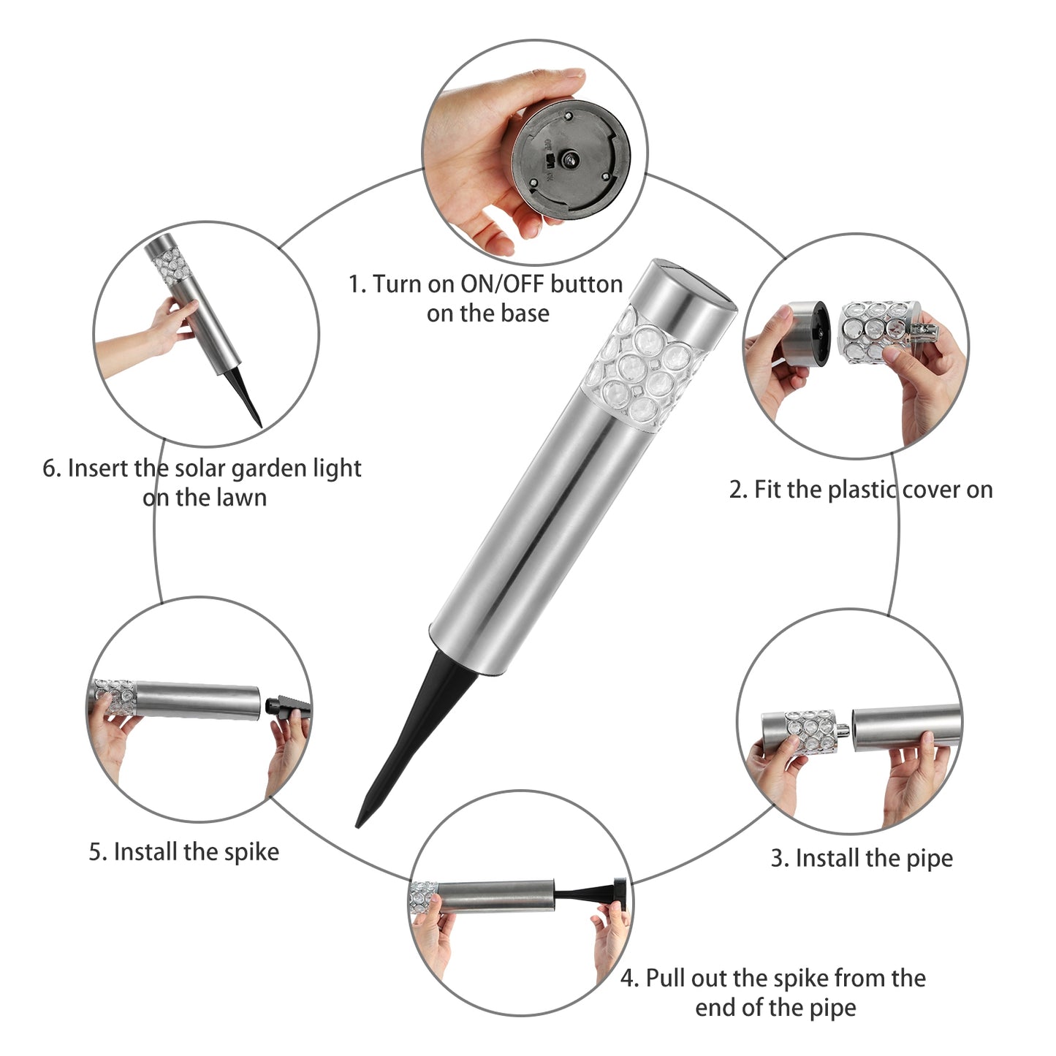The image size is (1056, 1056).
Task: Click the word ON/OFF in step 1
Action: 502,284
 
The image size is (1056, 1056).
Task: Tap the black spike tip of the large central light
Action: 357,826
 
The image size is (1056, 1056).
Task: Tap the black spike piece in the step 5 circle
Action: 288,706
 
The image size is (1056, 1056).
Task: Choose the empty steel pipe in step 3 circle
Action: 908,729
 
